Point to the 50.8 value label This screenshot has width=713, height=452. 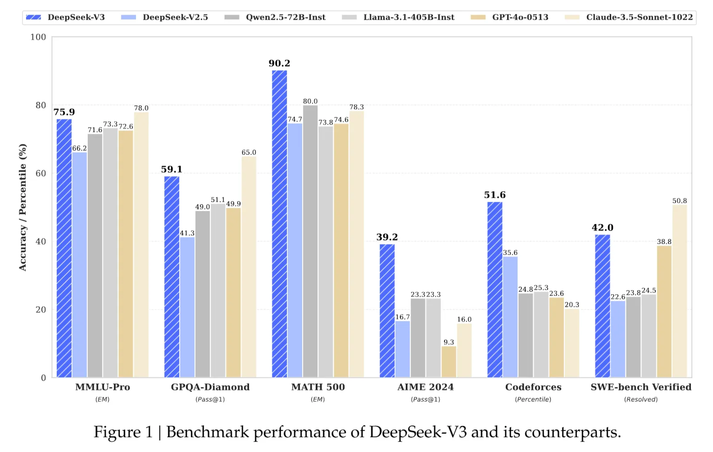679,201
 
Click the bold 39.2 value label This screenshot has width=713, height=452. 387,237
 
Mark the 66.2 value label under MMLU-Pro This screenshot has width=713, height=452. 79,148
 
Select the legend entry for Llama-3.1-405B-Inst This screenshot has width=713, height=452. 409,17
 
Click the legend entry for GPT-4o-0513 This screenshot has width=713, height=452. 520,17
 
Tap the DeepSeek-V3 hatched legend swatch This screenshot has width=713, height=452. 34,17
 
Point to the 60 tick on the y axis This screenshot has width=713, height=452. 41,173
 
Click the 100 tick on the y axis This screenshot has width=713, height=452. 38,37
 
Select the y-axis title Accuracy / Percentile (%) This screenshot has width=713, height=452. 23,207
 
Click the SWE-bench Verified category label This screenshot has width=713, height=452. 640,387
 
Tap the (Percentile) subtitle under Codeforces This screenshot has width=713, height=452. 533,399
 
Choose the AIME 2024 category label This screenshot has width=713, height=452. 425,387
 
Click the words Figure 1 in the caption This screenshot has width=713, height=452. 123,432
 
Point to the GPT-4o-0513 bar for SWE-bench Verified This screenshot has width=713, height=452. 664,311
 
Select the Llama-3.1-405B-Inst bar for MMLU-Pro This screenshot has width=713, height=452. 110,253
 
